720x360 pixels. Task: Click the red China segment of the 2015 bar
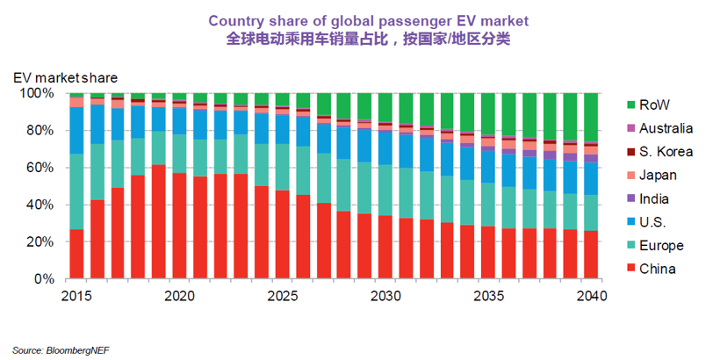pyautogui.click(x=76, y=255)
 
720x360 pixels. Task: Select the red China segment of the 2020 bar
pyautogui.click(x=179, y=227)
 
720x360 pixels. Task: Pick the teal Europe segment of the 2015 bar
pyautogui.click(x=76, y=191)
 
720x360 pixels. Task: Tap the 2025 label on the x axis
pyautogui.click(x=282, y=297)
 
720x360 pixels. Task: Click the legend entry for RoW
pyautogui.click(x=654, y=104)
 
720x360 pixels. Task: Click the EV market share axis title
pyautogui.click(x=65, y=77)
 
